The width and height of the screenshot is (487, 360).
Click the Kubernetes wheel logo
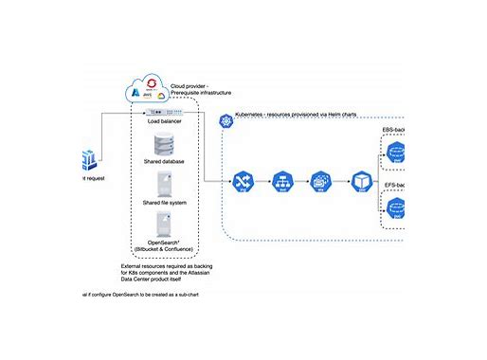226,120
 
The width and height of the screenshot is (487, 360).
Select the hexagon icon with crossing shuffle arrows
241,180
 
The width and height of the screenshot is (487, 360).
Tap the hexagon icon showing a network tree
280,180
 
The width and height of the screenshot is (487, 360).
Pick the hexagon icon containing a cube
360,180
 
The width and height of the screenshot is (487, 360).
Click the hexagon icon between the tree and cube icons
320,180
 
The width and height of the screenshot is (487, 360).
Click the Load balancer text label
164,121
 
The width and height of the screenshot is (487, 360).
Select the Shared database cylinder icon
163,144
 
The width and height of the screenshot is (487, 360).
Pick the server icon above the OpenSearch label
163,225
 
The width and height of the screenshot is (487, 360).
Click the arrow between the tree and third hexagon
300,180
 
